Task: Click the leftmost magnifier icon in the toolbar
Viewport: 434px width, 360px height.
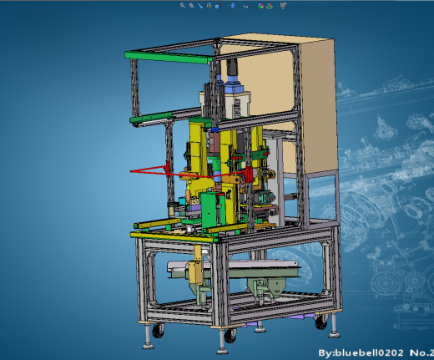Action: click(x=183, y=5)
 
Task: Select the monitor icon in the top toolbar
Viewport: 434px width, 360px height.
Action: click(x=284, y=6)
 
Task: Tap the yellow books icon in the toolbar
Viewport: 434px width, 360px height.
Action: click(x=209, y=5)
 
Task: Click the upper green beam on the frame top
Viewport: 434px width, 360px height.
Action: click(x=169, y=57)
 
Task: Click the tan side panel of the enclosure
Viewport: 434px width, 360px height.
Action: click(x=320, y=107)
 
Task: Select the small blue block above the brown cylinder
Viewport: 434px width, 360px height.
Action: click(x=214, y=129)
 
